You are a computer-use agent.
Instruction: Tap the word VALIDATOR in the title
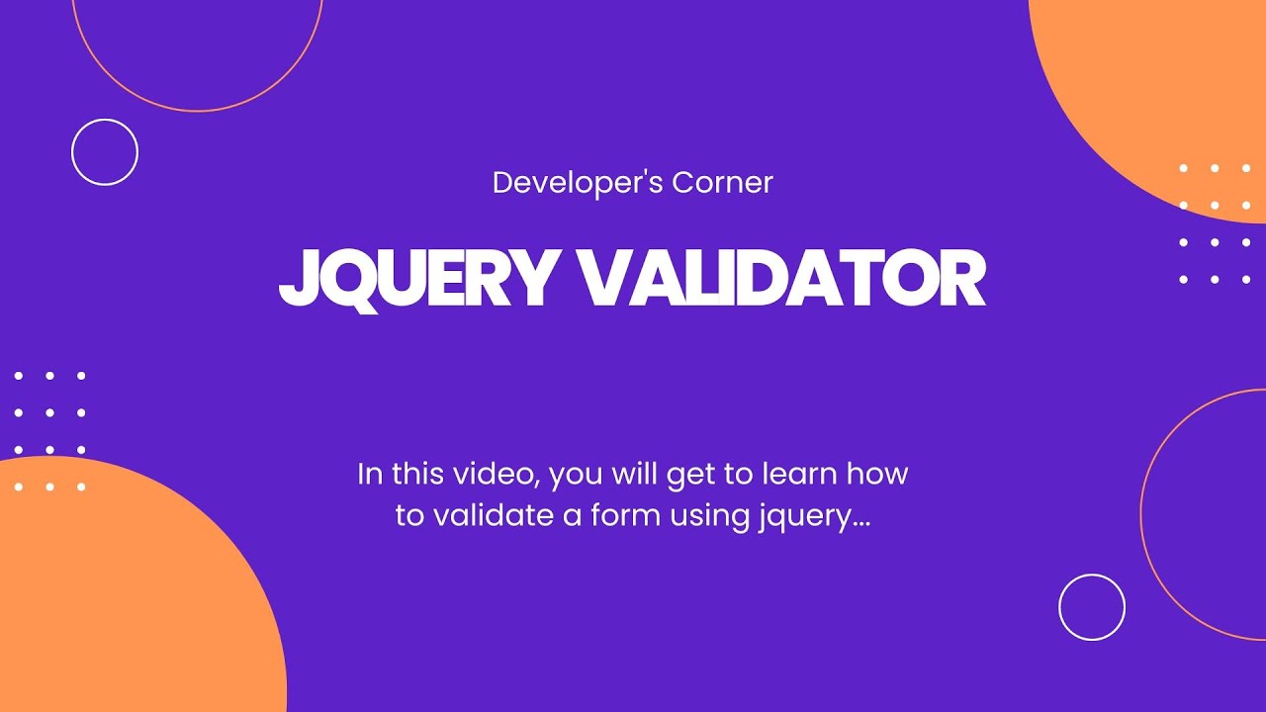point(780,280)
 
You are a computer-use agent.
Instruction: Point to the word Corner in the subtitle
point(722,183)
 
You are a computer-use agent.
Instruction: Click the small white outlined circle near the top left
point(105,152)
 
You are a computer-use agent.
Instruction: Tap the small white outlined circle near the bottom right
point(1092,607)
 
